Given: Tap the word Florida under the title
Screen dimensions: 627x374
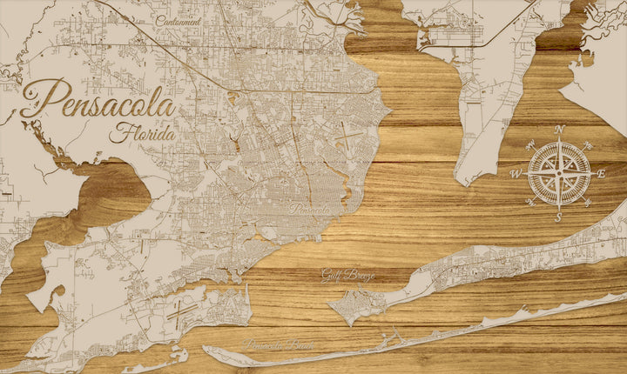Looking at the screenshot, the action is tap(143, 135).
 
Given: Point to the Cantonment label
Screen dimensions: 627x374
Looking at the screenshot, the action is tap(179, 20).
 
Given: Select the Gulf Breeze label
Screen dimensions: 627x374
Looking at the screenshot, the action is tap(347, 275).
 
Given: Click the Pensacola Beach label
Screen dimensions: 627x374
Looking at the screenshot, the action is tap(280, 345).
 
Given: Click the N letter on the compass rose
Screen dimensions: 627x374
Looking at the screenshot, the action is tap(560, 130).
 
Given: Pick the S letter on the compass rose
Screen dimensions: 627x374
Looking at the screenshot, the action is tap(558, 218).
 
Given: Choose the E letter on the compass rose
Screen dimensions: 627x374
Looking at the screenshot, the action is tap(601, 174).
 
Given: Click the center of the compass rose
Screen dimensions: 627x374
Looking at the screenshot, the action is tap(558, 173).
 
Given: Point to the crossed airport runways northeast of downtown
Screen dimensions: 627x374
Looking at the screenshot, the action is tap(347, 138).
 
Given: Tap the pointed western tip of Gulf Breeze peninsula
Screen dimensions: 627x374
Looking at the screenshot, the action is tap(330, 304).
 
